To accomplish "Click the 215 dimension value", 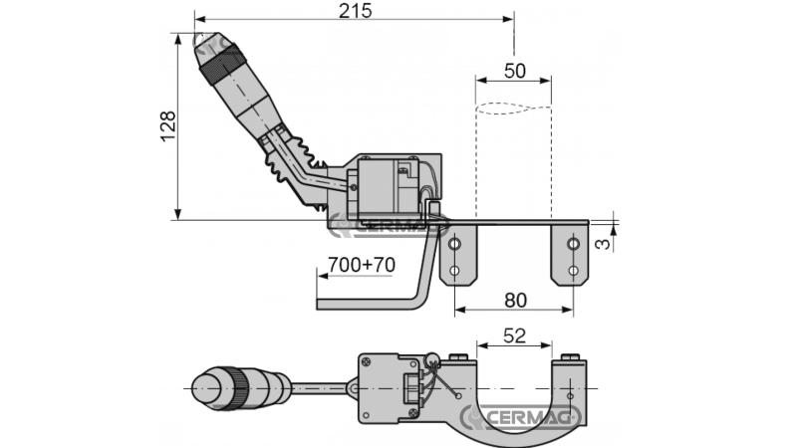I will [x=355, y=11].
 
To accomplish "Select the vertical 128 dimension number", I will [x=168, y=125].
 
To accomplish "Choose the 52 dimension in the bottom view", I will [x=514, y=336].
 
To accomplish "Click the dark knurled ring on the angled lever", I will [x=217, y=63].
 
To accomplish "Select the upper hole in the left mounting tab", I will [x=454, y=243].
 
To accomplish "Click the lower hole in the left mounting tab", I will [x=454, y=269].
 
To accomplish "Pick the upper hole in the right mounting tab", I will [x=573, y=243].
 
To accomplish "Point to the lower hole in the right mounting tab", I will [x=573, y=269].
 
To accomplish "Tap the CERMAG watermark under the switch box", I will [x=384, y=224].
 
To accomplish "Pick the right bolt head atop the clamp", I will [x=570, y=358].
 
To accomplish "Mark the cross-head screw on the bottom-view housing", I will [x=367, y=362].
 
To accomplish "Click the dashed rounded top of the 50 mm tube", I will [x=514, y=109].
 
